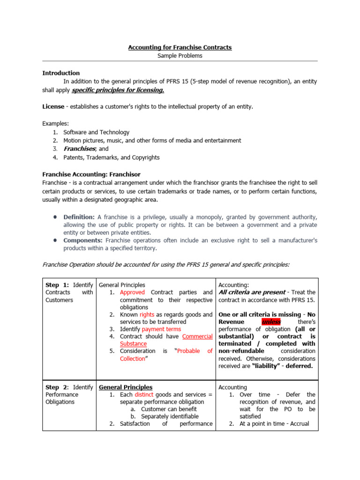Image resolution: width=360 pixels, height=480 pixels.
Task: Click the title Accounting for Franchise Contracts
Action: tap(180, 47)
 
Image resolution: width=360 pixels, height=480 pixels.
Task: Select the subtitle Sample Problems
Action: tap(180, 56)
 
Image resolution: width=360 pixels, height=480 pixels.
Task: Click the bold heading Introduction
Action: tap(61, 73)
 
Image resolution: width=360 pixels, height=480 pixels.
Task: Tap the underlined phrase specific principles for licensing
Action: tap(118, 90)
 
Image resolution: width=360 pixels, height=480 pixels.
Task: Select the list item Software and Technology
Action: tap(97, 132)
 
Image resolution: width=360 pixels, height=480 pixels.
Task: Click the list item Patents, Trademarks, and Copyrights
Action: tap(112, 157)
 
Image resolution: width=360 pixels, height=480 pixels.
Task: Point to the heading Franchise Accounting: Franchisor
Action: tap(91, 174)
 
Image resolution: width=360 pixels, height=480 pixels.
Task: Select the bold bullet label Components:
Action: tap(82, 240)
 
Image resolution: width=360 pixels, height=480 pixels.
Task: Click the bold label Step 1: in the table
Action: tap(57, 285)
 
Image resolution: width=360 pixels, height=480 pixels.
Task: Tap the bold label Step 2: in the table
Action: tap(57, 387)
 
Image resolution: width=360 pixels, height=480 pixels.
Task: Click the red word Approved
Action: tap(133, 292)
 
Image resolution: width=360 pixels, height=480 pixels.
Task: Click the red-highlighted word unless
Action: tap(271, 322)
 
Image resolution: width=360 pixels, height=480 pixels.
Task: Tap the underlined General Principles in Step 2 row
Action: tap(126, 387)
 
